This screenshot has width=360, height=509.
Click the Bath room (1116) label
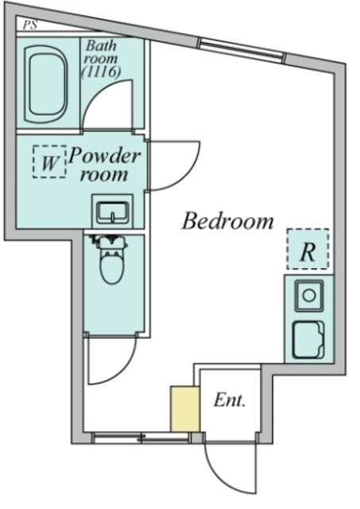pyautogui.click(x=101, y=59)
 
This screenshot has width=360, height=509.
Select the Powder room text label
pyautogui.click(x=105, y=165)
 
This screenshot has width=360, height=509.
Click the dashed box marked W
pyautogui.click(x=49, y=161)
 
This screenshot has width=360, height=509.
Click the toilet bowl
pyautogui.click(x=112, y=266)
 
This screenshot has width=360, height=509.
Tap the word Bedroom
pyautogui.click(x=227, y=221)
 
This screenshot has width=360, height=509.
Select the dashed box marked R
pyautogui.click(x=308, y=249)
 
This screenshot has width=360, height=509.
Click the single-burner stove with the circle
pyautogui.click(x=309, y=295)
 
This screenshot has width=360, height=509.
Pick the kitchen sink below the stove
pyautogui.click(x=308, y=340)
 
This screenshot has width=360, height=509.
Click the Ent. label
pyautogui.click(x=230, y=400)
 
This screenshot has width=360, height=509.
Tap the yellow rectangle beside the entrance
pyautogui.click(x=185, y=409)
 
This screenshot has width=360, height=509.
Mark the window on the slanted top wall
pyautogui.click(x=242, y=50)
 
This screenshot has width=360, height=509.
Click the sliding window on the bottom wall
pyautogui.click(x=141, y=438)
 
